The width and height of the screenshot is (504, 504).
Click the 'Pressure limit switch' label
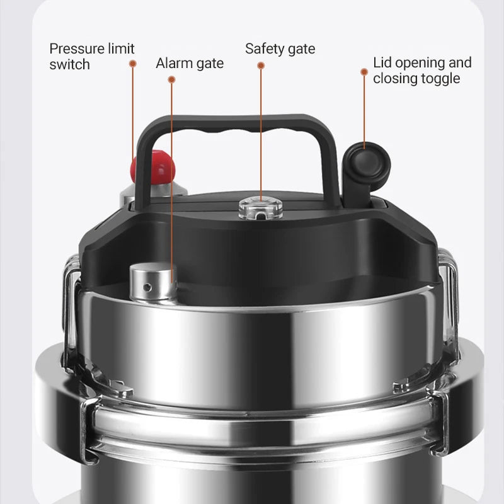[x=92, y=56]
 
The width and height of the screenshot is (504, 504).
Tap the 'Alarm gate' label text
[x=190, y=63]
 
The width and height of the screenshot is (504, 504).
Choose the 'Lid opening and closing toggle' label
[x=421, y=70]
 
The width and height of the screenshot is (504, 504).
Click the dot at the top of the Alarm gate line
[x=171, y=79]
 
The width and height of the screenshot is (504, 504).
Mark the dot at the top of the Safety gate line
[x=261, y=65]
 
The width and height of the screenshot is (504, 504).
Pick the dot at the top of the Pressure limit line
[x=133, y=63]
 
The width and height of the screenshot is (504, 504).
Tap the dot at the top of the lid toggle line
[x=364, y=72]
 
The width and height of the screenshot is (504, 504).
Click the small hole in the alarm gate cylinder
[x=147, y=287]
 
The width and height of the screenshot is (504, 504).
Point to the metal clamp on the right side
[x=449, y=296]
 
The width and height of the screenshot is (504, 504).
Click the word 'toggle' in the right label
[x=441, y=78]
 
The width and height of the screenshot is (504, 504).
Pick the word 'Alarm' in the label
[x=173, y=63]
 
